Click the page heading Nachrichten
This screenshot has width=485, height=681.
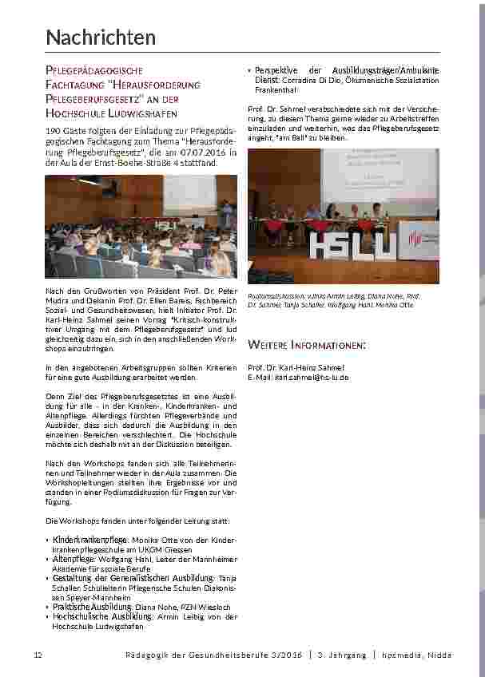click(x=101, y=38)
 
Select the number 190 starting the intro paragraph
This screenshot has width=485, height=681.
click(x=54, y=129)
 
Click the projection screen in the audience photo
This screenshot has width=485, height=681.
click(x=201, y=192)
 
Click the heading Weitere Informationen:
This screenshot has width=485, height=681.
click(x=307, y=345)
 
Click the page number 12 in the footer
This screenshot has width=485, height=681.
click(x=37, y=655)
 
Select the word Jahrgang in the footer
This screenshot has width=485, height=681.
click(x=343, y=655)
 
